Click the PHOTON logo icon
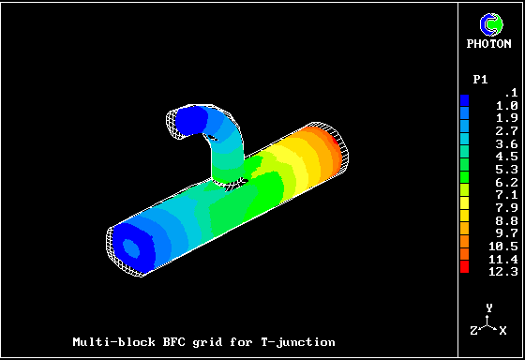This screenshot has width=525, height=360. point(491,24)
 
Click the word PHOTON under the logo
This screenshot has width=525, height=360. point(488,44)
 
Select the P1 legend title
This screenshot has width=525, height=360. point(480,80)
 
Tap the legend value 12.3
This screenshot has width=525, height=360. point(503,272)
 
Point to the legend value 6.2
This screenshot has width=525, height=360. point(506,183)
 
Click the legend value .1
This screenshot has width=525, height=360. point(512,93)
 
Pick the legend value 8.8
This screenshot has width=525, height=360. point(506,221)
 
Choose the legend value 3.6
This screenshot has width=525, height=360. point(506,144)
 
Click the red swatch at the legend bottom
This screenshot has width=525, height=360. point(464,267)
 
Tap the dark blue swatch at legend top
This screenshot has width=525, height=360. point(464,100)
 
